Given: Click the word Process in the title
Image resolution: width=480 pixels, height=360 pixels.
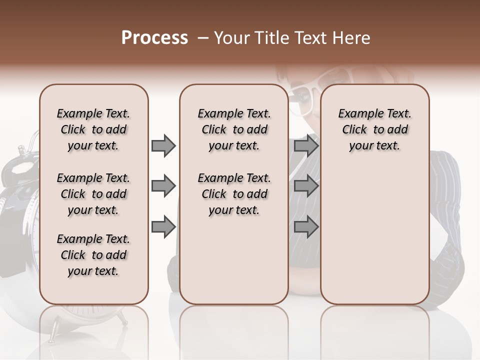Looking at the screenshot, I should pyautogui.click(x=154, y=38).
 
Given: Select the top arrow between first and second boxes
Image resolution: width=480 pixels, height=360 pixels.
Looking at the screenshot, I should pyautogui.click(x=163, y=146).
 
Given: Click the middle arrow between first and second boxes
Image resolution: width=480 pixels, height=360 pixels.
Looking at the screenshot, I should pyautogui.click(x=163, y=186).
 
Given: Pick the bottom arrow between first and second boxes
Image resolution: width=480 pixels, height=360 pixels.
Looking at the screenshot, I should pyautogui.click(x=163, y=227).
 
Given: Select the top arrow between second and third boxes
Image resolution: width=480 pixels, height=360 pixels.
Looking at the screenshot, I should pyautogui.click(x=306, y=146).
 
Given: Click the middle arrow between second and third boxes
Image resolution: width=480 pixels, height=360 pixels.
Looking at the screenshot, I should pyautogui.click(x=306, y=186).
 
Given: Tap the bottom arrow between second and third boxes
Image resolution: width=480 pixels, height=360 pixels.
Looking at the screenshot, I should pyautogui.click(x=306, y=227).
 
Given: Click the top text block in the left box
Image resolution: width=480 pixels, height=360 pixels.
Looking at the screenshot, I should pyautogui.click(x=93, y=129).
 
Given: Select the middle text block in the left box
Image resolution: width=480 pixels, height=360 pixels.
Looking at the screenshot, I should pyautogui.click(x=93, y=194).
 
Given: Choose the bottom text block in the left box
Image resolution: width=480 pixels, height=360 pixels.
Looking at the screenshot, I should pyautogui.click(x=93, y=255).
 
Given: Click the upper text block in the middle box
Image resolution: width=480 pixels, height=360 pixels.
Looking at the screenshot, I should pyautogui.click(x=234, y=129).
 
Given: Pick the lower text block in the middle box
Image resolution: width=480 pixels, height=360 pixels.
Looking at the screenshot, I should pyautogui.click(x=234, y=194).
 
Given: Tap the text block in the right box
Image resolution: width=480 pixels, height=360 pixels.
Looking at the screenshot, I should pyautogui.click(x=374, y=129).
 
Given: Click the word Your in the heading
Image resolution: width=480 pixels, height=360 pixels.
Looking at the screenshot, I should pyautogui.click(x=232, y=38).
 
